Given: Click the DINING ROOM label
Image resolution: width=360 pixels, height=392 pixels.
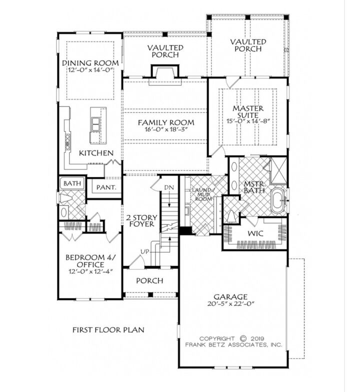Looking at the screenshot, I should [x=90, y=62].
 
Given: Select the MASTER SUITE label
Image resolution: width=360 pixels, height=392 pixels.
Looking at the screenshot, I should [x=248, y=112].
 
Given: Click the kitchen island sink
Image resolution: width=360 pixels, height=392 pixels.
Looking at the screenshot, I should [x=94, y=122].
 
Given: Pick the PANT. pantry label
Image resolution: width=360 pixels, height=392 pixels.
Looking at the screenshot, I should [x=106, y=187].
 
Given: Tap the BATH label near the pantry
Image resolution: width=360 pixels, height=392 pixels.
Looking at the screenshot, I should [x=72, y=183].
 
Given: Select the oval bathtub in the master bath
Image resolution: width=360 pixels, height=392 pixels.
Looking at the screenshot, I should [x=277, y=198].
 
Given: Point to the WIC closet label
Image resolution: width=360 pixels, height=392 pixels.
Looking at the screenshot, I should [x=255, y=233].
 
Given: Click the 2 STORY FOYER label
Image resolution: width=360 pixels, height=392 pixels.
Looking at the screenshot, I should [x=141, y=220].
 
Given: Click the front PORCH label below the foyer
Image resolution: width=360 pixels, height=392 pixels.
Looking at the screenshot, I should [x=149, y=280].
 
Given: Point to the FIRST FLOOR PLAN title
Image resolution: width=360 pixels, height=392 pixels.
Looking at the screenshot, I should [x=108, y=329].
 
